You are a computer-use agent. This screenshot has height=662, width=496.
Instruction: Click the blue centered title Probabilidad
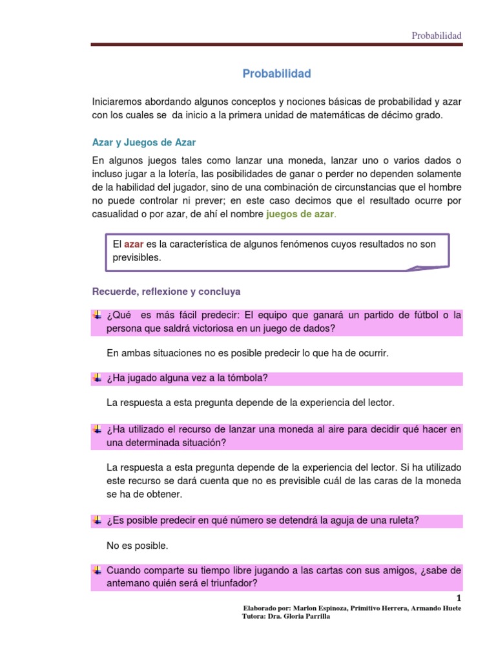coord(276,74)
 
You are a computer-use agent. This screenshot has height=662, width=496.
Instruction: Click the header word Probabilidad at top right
coord(437,36)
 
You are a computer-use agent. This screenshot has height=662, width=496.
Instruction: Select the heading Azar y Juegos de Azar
coord(144,142)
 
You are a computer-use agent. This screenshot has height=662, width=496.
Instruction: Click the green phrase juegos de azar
coord(300,215)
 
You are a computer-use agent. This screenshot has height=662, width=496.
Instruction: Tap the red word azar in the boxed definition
coord(134,244)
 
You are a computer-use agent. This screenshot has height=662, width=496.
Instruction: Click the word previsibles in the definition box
coord(137,257)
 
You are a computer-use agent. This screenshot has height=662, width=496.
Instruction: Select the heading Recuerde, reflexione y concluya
coord(167,292)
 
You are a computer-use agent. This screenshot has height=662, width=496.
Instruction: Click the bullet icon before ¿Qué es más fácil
coord(97,315)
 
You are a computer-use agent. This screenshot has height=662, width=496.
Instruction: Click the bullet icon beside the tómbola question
coord(97,378)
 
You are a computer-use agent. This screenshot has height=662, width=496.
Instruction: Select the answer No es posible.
coord(137,546)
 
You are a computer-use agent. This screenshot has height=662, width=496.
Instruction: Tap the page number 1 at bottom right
coord(459,598)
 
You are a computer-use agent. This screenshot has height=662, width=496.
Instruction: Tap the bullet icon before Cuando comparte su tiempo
coord(97,570)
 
